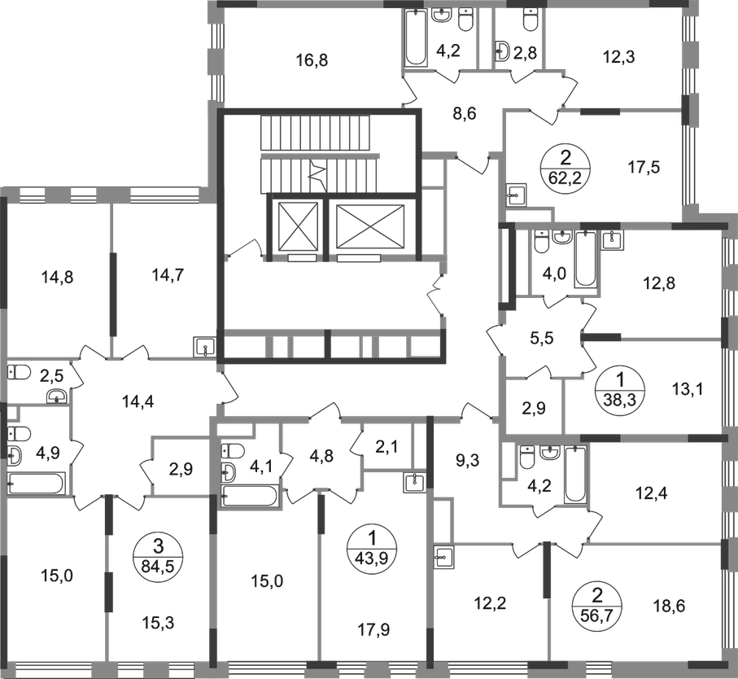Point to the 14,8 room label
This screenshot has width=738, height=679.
click(57, 276)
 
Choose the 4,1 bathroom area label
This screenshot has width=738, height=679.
click(264, 467)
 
